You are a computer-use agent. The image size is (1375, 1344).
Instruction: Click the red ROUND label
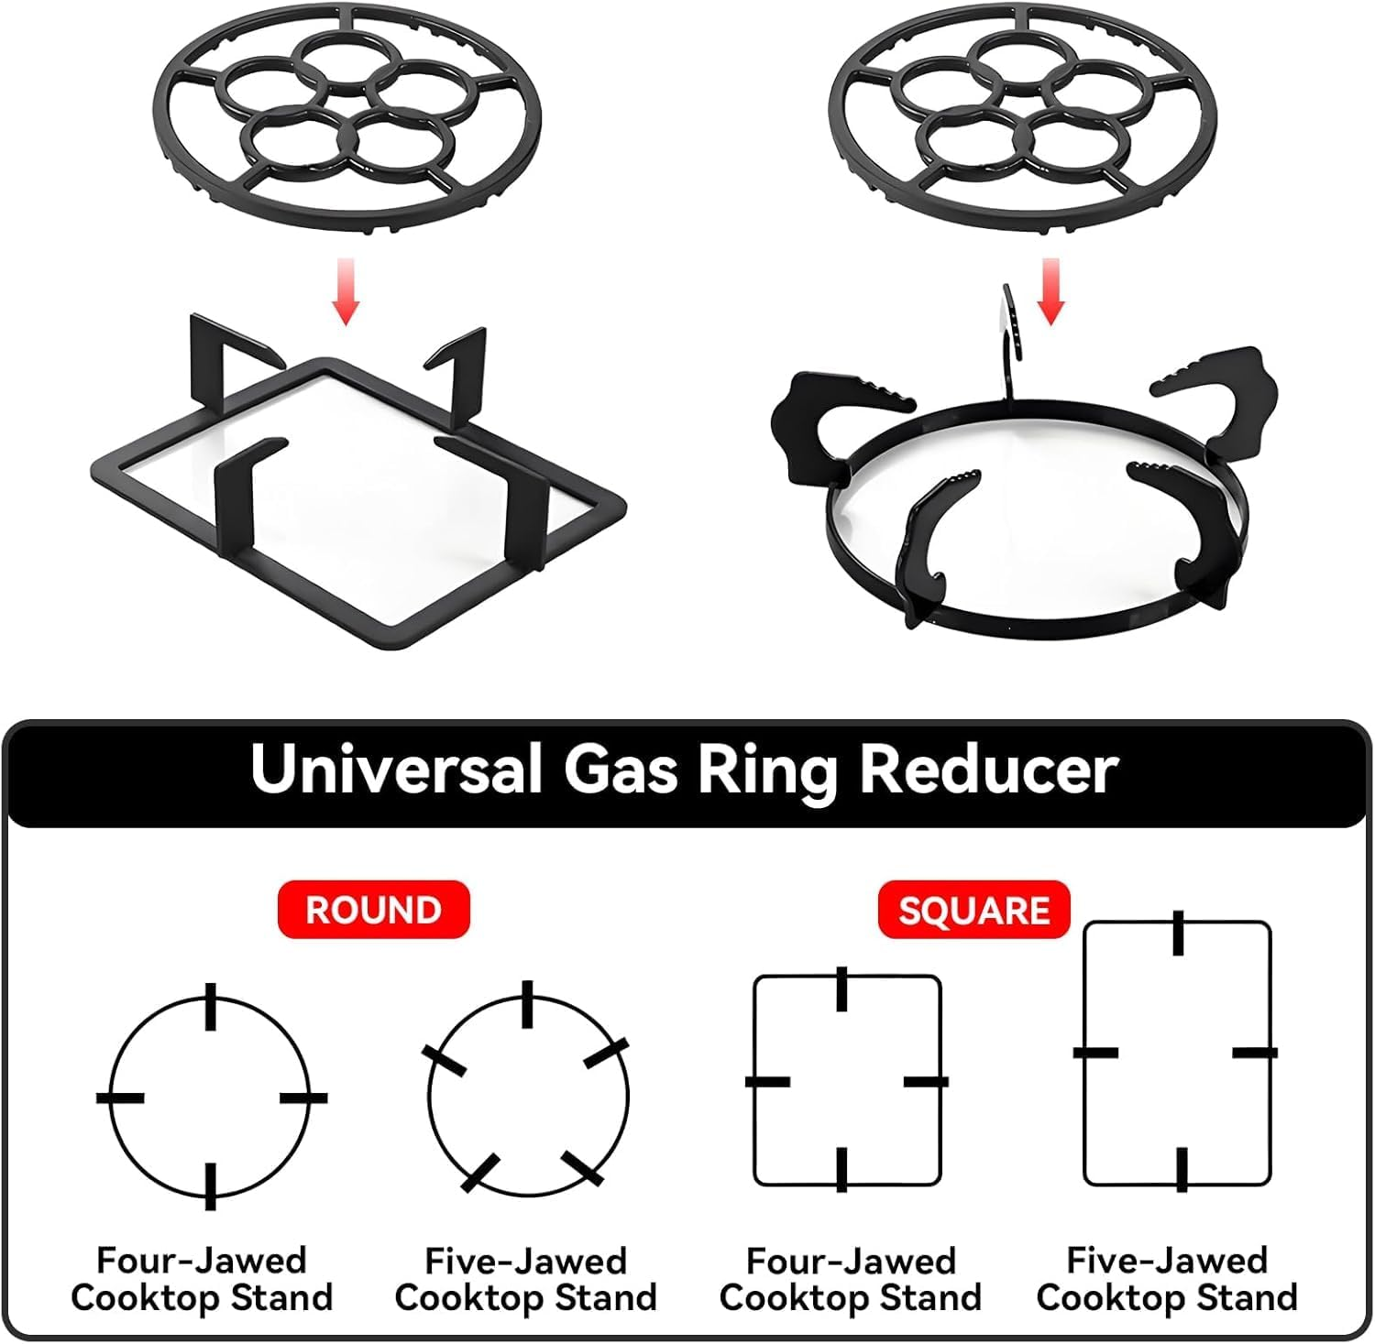coord(373,910)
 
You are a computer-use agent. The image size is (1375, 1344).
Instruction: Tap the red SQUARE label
coord(973,911)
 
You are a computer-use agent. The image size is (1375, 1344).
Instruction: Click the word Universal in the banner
coord(396,769)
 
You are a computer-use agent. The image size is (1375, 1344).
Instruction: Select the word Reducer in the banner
coord(988,769)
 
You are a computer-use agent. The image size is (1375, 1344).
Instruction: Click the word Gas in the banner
coord(620,769)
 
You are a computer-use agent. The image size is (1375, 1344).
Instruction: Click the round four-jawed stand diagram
coord(211,1097)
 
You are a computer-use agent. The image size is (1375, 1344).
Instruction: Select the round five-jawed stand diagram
coord(528,1097)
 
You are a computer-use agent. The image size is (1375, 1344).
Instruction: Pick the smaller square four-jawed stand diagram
coord(846,1081)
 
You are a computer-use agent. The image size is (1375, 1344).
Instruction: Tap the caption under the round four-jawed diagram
coord(202,1279)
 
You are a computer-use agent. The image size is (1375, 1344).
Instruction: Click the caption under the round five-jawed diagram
coord(526,1279)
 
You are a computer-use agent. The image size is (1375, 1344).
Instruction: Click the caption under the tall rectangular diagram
coord(1167,1279)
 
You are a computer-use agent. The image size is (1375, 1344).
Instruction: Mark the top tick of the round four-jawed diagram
coord(211,1006)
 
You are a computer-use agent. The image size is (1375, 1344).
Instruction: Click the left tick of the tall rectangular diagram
coord(1095,1052)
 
